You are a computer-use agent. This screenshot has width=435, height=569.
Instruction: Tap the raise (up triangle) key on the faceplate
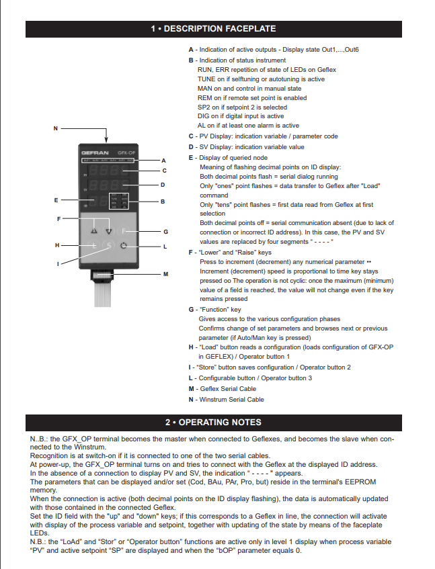pyautogui.click(x=93, y=230)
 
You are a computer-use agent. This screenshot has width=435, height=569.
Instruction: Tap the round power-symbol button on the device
pyautogui.click(x=124, y=247)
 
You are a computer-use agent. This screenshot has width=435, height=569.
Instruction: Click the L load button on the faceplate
pyautogui.click(x=93, y=247)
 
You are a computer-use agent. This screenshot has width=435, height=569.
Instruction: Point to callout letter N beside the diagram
pyautogui.click(x=55, y=128)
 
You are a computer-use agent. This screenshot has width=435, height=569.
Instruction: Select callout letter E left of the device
pyautogui.click(x=56, y=200)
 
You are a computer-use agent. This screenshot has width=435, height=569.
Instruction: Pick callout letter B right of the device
pyautogui.click(x=163, y=201)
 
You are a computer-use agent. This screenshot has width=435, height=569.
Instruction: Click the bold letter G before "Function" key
pyautogui.click(x=191, y=309)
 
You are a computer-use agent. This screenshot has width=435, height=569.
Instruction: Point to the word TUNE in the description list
pyautogui.click(x=206, y=79)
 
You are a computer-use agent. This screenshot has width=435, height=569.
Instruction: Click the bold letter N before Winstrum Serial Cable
pyautogui.click(x=191, y=399)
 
